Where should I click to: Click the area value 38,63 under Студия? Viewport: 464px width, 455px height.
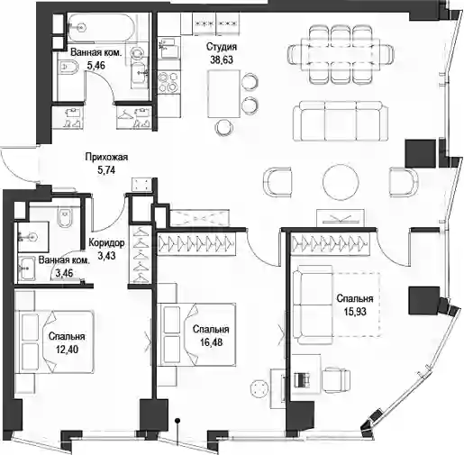(222, 59)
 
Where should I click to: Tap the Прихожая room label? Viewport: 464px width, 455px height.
(106, 157)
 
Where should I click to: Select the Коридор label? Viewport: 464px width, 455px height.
(106, 243)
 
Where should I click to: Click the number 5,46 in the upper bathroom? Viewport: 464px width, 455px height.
(96, 66)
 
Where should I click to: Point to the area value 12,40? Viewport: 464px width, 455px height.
(67, 350)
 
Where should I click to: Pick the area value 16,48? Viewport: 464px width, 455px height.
(212, 341)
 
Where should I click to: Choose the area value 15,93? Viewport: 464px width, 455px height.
(355, 312)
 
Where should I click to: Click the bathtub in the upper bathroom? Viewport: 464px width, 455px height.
(99, 28)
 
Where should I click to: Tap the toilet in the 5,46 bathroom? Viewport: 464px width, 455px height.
(69, 67)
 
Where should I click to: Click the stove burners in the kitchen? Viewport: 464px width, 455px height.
(168, 81)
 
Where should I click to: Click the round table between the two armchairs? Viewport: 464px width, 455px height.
(341, 181)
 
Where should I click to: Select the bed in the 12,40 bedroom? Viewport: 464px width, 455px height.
(55, 342)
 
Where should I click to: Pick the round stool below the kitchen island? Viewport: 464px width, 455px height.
(225, 127)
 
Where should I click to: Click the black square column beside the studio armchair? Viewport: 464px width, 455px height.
(421, 153)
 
